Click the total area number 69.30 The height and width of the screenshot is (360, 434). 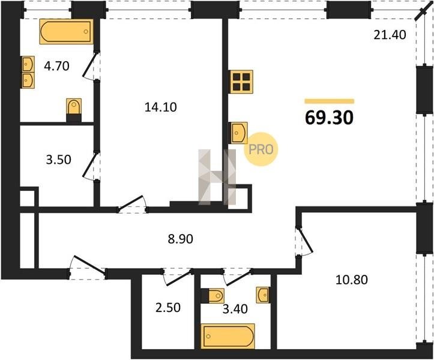[x=329, y=118]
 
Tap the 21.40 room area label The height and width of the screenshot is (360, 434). [x=390, y=35]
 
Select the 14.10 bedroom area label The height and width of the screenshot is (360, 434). [x=160, y=107]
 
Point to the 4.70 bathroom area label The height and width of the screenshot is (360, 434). [x=57, y=66]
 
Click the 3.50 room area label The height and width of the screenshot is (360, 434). [x=58, y=160]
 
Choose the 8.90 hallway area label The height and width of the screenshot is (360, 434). [x=181, y=239]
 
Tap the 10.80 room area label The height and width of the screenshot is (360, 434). [x=352, y=280]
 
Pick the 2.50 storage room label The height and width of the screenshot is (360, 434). [x=168, y=307]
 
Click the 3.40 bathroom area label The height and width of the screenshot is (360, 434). [x=235, y=309]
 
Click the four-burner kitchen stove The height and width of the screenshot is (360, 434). [x=241, y=82]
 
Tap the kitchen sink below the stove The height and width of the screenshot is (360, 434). [x=238, y=133]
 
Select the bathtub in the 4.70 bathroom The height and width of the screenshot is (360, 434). [x=67, y=31]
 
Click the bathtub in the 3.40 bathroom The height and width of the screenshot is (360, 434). [x=228, y=336]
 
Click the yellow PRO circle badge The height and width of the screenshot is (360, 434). [x=261, y=149]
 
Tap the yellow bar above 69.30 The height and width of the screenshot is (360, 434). [x=330, y=101]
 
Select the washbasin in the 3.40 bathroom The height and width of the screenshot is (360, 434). [x=262, y=295]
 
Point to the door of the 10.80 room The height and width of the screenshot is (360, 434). [x=306, y=241]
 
